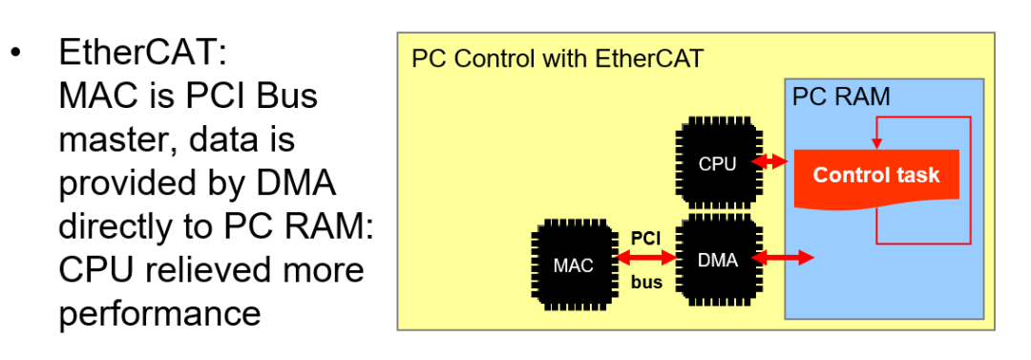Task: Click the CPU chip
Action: click(717, 163)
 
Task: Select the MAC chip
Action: click(573, 265)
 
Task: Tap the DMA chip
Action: click(717, 259)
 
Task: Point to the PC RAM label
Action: click(841, 96)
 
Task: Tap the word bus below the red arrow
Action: click(646, 283)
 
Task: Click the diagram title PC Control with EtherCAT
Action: click(557, 59)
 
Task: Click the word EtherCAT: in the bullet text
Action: click(146, 53)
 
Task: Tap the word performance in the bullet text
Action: click(159, 313)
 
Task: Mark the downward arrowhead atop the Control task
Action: click(875, 144)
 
